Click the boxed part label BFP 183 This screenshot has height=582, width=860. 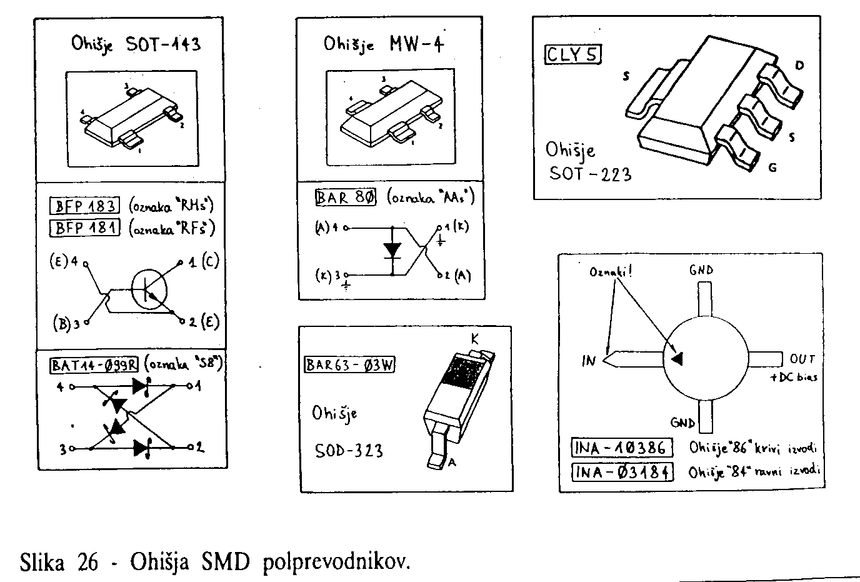(x=84, y=206)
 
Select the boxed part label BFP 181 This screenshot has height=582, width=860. (x=84, y=228)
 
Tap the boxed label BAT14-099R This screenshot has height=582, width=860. (x=94, y=364)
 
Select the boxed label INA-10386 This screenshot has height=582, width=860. (x=622, y=448)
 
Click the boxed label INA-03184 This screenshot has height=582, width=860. (x=622, y=471)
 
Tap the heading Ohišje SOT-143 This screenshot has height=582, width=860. (x=135, y=45)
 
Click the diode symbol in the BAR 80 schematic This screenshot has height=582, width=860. (x=392, y=251)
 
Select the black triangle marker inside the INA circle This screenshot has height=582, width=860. (x=677, y=358)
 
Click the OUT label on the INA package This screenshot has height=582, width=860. (x=802, y=359)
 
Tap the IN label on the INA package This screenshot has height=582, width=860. (x=590, y=361)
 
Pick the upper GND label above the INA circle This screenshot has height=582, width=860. (x=701, y=270)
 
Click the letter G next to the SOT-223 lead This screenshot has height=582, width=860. (x=772, y=168)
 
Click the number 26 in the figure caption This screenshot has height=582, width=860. (x=88, y=562)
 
